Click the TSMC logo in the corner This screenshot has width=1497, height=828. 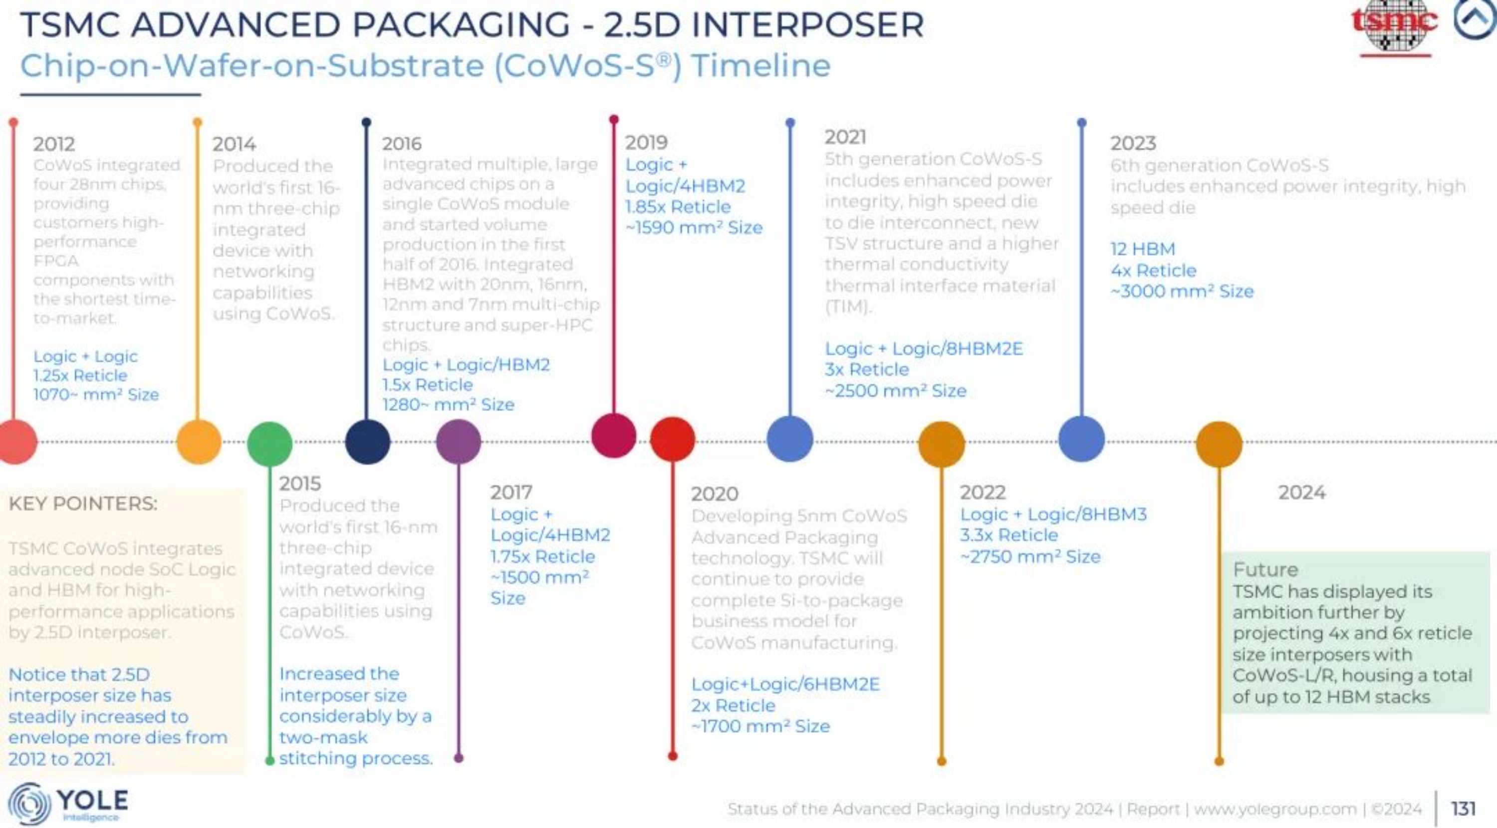pyautogui.click(x=1394, y=26)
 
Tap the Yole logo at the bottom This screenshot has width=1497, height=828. pyautogui.click(x=68, y=803)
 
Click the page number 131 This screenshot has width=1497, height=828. pyautogui.click(x=1463, y=808)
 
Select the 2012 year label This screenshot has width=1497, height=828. pyautogui.click(x=54, y=144)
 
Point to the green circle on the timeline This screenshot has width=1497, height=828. pyautogui.click(x=269, y=443)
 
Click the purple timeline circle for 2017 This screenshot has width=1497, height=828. pyautogui.click(x=459, y=442)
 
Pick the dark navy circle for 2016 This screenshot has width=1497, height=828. pyautogui.click(x=367, y=441)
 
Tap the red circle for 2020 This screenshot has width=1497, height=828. pyautogui.click(x=672, y=439)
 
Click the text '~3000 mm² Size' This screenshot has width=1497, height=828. pyautogui.click(x=1182, y=291)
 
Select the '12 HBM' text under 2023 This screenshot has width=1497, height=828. pyautogui.click(x=1143, y=249)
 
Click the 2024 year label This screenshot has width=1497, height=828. pyautogui.click(x=1302, y=492)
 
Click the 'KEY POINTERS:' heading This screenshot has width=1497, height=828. pyautogui.click(x=83, y=503)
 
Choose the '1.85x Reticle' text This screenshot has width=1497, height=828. pyautogui.click(x=678, y=207)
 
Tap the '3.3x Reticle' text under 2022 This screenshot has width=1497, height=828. pyautogui.click(x=1009, y=535)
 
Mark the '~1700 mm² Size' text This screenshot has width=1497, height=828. pyautogui.click(x=760, y=726)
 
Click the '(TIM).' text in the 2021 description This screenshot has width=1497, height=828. pyautogui.click(x=848, y=307)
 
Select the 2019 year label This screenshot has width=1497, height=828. pyautogui.click(x=646, y=142)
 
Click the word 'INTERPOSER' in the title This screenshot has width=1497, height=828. pyautogui.click(x=808, y=25)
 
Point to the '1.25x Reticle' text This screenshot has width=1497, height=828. pyautogui.click(x=80, y=376)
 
